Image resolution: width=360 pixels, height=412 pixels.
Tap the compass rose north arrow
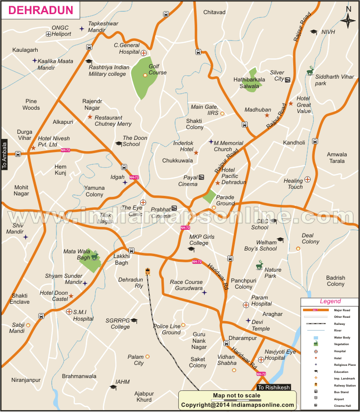pyautogui.click(x=348, y=20)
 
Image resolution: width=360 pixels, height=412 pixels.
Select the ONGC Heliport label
pyautogui.click(x=61, y=31)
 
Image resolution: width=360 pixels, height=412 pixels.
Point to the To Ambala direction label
pyautogui.click(x=5, y=155)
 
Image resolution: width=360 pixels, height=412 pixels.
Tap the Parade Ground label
pyautogui.click(x=225, y=200)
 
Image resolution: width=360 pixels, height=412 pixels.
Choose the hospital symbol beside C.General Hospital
pyautogui.click(x=144, y=53)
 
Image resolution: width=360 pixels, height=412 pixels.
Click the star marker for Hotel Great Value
pyautogui.click(x=291, y=104)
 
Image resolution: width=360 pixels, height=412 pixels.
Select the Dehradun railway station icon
pyautogui.click(x=148, y=272)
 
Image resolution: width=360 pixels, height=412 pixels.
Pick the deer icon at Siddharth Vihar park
pyautogui.click(x=310, y=71)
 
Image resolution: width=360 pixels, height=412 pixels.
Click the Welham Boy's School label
pyautogui.click(x=260, y=245)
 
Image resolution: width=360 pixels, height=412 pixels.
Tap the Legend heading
pyautogui.click(x=330, y=301)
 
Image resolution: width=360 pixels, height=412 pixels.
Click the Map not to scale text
pyautogui.click(x=237, y=396)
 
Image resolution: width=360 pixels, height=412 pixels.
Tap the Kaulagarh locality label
pyautogui.click(x=25, y=49)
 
